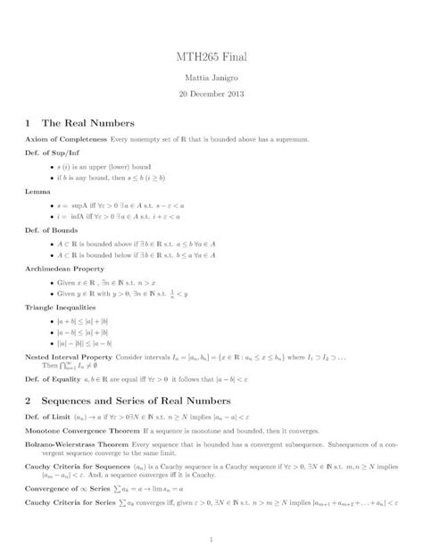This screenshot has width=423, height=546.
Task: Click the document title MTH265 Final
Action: pos(211,57)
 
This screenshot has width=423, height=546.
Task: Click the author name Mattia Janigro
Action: pos(211,78)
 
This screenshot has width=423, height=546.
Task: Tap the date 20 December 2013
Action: pos(211,93)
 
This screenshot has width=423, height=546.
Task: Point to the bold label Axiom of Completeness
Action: pos(65,140)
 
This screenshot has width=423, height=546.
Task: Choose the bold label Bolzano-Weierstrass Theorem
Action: pos(76,444)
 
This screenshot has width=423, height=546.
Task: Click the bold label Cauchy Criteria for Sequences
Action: pos(78,465)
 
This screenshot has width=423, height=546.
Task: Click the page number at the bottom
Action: pos(211,538)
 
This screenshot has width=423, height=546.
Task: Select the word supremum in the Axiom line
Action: pos(293,140)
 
